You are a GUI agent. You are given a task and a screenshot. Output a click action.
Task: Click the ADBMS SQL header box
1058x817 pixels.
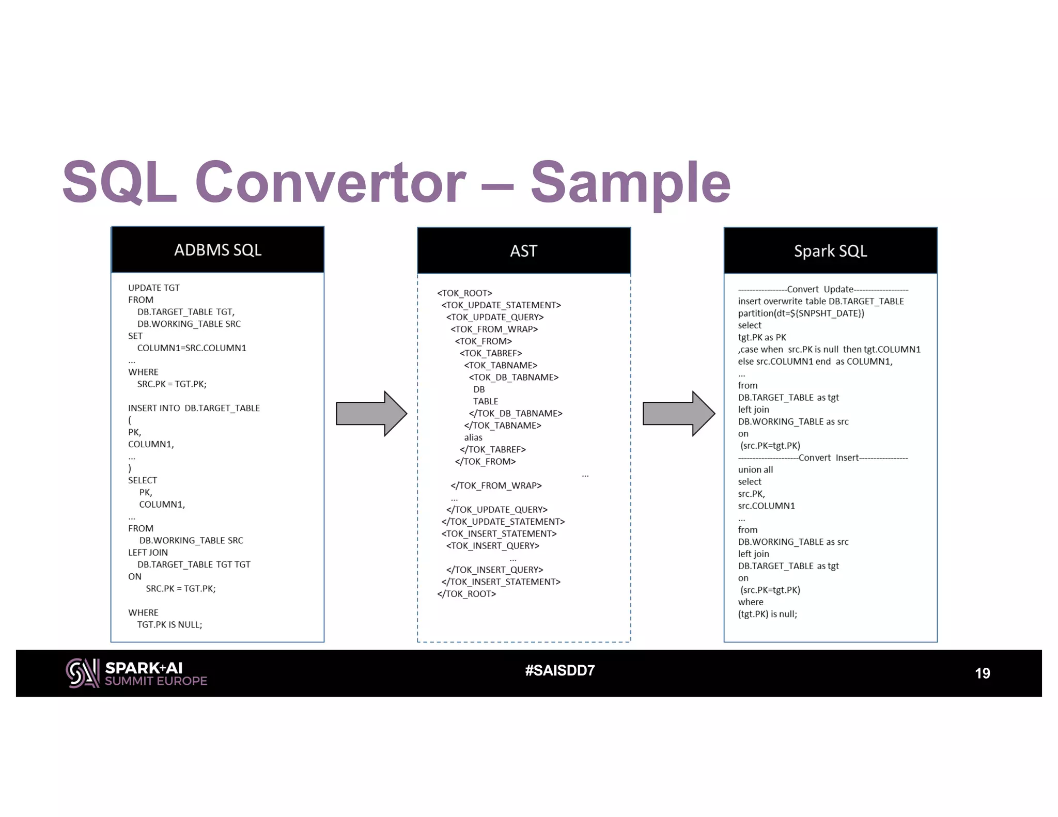click(x=217, y=250)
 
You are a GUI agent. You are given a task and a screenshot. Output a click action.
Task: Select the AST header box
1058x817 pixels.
click(x=524, y=251)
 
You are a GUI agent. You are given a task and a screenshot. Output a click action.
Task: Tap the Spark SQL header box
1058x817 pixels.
click(x=830, y=251)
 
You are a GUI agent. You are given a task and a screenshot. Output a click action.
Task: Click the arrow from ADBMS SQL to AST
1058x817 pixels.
click(x=371, y=414)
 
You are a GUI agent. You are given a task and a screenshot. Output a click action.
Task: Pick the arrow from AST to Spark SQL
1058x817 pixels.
click(x=678, y=414)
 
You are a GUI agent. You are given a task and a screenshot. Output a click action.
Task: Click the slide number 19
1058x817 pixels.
click(x=982, y=673)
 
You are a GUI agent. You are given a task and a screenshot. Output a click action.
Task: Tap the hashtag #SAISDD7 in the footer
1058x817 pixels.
click(x=560, y=670)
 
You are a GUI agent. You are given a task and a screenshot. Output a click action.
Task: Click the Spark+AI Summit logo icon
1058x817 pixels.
click(x=82, y=673)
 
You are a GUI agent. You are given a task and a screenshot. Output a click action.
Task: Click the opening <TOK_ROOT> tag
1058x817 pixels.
click(x=464, y=293)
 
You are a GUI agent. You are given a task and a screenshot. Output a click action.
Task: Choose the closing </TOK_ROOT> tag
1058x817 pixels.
click(x=466, y=594)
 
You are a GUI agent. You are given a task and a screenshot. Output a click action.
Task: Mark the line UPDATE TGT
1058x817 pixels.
click(x=154, y=288)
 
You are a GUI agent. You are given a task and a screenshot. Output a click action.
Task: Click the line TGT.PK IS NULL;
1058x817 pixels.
click(x=169, y=625)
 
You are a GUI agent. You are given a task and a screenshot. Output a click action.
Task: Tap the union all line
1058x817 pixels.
click(x=755, y=470)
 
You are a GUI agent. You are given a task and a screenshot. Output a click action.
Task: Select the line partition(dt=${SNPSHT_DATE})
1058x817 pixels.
click(x=801, y=313)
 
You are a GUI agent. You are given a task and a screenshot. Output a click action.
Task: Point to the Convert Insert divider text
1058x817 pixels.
click(x=828, y=458)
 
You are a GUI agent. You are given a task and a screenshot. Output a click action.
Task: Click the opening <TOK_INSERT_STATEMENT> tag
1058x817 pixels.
click(x=499, y=534)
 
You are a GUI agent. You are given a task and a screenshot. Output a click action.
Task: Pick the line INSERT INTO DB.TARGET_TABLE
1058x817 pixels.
click(x=194, y=408)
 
